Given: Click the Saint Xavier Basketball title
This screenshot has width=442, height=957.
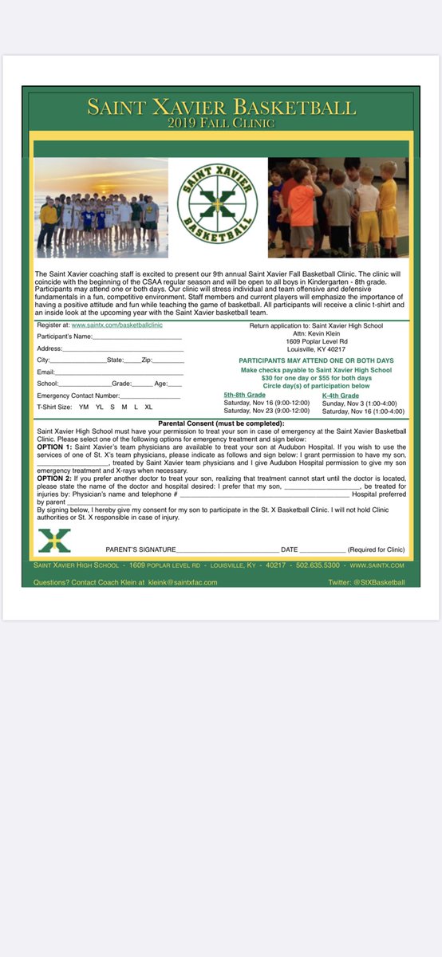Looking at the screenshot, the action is (222, 107).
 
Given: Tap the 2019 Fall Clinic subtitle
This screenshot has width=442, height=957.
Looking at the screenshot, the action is (222, 124).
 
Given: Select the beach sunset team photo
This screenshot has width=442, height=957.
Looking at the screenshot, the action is (101, 207).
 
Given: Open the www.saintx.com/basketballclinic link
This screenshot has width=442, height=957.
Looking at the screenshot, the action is (117, 326).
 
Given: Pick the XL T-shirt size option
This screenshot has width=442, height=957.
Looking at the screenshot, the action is (148, 407).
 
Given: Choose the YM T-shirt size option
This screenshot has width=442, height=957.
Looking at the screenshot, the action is (84, 407).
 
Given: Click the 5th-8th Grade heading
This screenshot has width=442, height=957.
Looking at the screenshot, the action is (244, 395).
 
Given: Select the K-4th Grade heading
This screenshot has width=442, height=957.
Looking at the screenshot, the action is (341, 396).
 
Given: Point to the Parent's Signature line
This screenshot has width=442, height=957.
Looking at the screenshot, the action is (227, 550).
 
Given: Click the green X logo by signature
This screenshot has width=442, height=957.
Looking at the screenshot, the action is (54, 541).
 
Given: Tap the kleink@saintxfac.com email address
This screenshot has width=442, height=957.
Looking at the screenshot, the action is (180, 582).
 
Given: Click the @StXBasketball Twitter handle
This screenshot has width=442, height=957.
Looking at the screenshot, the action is (380, 582).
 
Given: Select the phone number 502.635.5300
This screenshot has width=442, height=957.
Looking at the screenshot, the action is (318, 565).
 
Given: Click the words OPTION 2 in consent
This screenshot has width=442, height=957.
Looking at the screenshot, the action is (55, 478).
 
